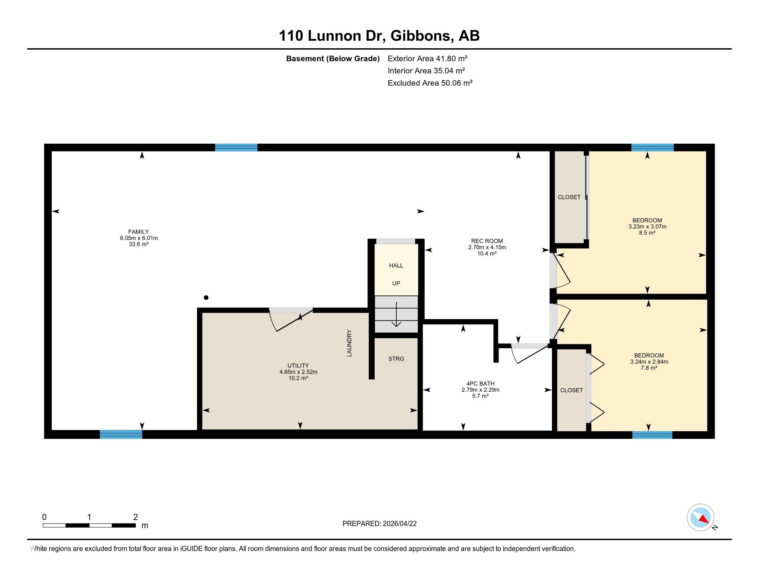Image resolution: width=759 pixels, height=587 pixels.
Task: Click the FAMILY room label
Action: [x=139, y=232]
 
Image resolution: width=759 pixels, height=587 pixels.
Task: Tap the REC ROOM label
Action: [x=487, y=241]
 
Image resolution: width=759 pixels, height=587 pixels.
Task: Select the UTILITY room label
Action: [x=298, y=365]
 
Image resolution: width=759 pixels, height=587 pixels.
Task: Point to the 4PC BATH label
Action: [x=480, y=384]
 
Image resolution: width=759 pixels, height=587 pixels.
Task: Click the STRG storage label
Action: [x=396, y=358]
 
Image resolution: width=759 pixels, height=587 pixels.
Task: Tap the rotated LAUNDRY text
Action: [x=349, y=343]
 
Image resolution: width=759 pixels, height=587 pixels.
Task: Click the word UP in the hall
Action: [x=396, y=283]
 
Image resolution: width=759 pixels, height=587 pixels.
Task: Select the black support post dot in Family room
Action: [x=206, y=297]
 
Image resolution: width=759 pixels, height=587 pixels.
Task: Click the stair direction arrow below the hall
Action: [x=396, y=314]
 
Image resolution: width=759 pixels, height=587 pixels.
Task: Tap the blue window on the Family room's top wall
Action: [x=236, y=147]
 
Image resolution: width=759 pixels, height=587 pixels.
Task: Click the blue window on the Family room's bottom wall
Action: [x=121, y=434]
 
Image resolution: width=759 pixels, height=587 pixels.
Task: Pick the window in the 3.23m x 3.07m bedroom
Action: [x=652, y=147]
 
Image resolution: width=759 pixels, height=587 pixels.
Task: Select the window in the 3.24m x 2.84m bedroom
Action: [x=652, y=435]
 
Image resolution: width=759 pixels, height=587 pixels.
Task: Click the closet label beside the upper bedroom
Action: [x=569, y=197]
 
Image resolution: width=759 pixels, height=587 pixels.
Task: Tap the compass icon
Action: [x=701, y=518]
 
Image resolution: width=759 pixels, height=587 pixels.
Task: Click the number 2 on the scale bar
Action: [x=136, y=517]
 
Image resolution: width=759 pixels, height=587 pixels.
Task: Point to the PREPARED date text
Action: [x=379, y=524]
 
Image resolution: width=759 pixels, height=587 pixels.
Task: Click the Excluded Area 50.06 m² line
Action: [x=430, y=83]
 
